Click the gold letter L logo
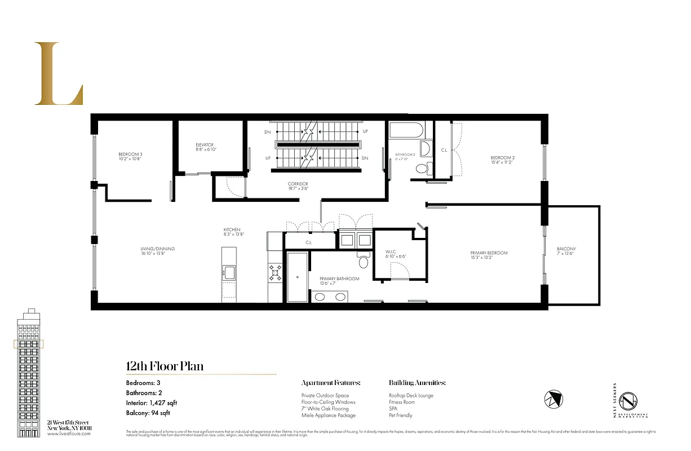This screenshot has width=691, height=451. (x=59, y=74)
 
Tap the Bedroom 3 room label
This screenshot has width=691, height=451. (x=130, y=157)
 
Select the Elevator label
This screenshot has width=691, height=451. (x=205, y=147)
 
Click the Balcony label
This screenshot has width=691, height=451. (x=566, y=251)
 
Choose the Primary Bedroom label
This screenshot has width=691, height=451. (x=489, y=255)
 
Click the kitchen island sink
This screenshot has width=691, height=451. (x=229, y=273)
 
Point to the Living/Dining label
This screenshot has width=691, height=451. (x=158, y=251)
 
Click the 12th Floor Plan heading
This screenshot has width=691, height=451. (x=165, y=366)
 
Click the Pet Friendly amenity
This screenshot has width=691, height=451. (x=401, y=415)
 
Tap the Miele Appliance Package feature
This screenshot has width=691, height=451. (x=329, y=415)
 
